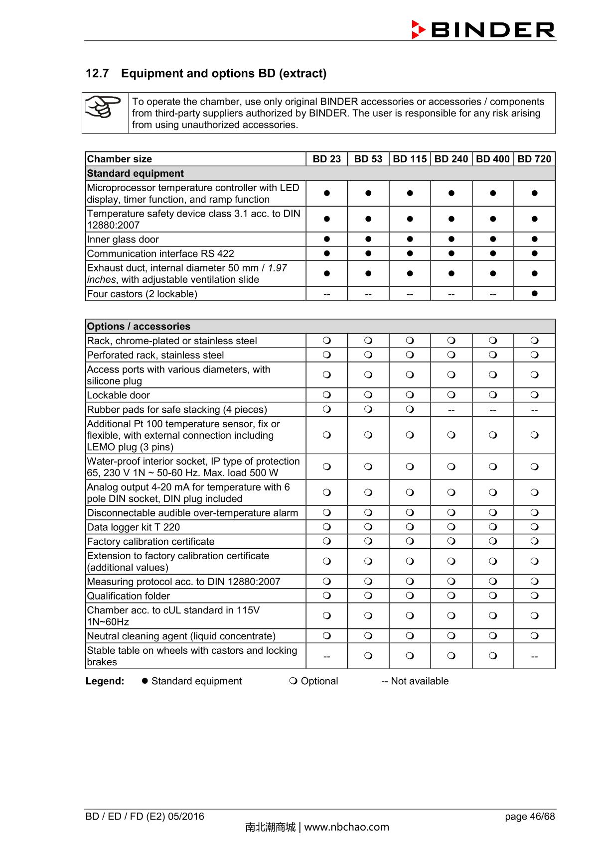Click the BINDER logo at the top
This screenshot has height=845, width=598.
coord(483,29)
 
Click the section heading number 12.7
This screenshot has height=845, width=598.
coord(97,73)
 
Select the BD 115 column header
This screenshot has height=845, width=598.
coord(410,159)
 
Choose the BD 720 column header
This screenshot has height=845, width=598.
coord(534,159)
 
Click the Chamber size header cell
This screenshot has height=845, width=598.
coord(120,159)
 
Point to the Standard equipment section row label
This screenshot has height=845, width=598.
coord(136,173)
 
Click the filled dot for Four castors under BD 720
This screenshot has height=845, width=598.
coord(534,293)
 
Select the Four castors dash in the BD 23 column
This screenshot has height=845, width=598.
coord(326,294)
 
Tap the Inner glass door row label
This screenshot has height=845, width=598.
coord(123,239)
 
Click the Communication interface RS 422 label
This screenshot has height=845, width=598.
coord(160,253)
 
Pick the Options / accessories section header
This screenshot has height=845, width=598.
coord(139,326)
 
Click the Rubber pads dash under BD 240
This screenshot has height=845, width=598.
coord(451,410)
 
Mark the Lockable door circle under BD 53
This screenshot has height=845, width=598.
coord(368,395)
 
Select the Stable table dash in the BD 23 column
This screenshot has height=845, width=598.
coord(326,656)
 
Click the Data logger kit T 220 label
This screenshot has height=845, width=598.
coord(134,527)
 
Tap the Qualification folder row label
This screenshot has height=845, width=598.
coord(129,596)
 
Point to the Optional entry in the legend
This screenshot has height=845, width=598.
coord(314,681)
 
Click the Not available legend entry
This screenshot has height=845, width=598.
coord(415,681)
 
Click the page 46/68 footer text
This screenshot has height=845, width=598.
coord(529,816)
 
